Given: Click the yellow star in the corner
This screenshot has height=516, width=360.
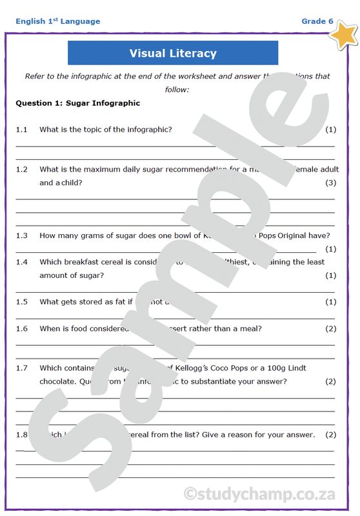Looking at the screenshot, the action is pyautogui.click(x=343, y=34).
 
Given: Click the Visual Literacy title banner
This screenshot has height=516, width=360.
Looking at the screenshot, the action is pyautogui.click(x=173, y=53).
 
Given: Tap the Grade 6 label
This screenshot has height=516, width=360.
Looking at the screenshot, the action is pyautogui.click(x=317, y=21).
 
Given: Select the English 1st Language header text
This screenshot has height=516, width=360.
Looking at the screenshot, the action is pyautogui.click(x=58, y=21).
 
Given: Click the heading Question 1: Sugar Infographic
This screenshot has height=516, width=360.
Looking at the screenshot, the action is pyautogui.click(x=77, y=103).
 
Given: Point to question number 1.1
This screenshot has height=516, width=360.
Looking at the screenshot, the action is pyautogui.click(x=22, y=130).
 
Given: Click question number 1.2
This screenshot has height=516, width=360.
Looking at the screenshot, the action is pyautogui.click(x=22, y=170).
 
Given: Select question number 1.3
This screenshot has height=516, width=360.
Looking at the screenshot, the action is pyautogui.click(x=22, y=235).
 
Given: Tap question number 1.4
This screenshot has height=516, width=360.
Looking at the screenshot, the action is pyautogui.click(x=22, y=262).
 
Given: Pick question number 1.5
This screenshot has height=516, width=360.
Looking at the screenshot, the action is pyautogui.click(x=22, y=302).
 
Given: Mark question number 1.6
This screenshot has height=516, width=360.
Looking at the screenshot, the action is pyautogui.click(x=22, y=328).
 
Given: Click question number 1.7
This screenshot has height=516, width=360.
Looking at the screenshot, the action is pyautogui.click(x=22, y=368).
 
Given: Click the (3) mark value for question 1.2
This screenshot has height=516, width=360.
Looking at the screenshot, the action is pyautogui.click(x=330, y=183).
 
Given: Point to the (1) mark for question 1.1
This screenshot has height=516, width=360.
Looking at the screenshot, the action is pyautogui.click(x=330, y=130).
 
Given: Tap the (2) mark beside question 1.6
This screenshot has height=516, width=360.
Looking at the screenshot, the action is pyautogui.click(x=330, y=328).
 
